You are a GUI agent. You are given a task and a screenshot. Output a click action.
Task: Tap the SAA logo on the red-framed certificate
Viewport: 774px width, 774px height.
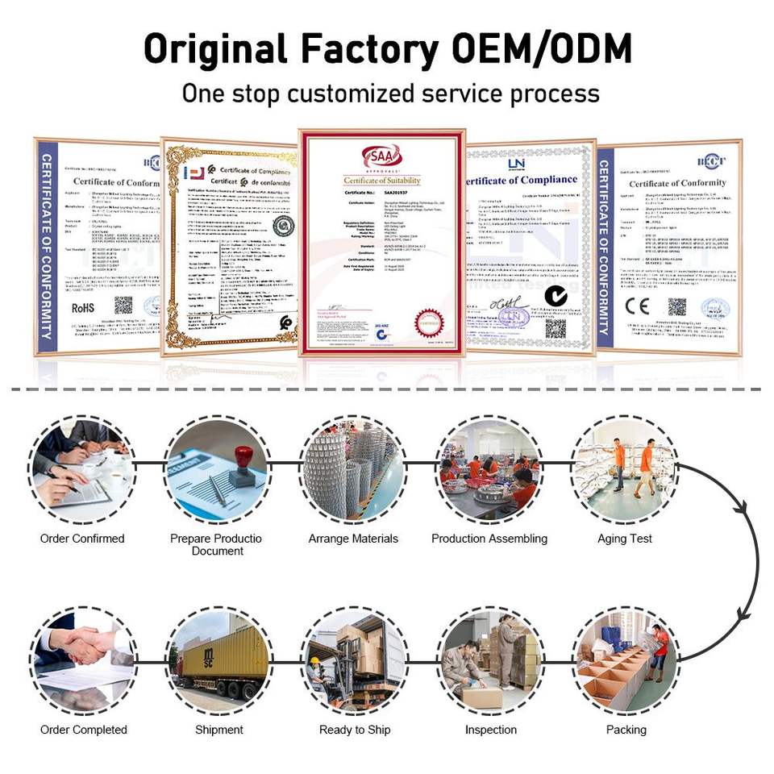coord(382,156)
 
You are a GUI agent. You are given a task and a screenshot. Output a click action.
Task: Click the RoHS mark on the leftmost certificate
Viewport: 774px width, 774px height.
coord(84,306)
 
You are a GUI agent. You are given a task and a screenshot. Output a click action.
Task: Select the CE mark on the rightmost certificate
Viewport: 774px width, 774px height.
coord(638,306)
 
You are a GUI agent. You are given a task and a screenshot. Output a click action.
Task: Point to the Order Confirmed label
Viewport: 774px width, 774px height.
coord(82,539)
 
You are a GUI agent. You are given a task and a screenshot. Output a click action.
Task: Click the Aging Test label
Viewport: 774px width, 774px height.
coord(625,539)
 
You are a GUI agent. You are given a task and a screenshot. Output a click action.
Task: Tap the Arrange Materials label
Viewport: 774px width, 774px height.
coord(353,539)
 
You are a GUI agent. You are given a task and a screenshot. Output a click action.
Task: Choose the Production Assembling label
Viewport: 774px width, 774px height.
coord(489,539)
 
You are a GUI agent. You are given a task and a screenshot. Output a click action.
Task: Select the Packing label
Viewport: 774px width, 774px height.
coord(626,730)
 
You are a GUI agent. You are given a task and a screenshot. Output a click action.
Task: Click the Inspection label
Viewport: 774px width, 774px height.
coord(490,730)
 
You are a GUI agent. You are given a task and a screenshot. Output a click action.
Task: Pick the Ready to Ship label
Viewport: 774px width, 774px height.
coord(355,730)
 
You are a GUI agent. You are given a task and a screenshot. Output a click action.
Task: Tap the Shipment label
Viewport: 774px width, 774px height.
coord(218,730)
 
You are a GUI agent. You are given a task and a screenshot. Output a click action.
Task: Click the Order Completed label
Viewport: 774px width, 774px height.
coord(84,730)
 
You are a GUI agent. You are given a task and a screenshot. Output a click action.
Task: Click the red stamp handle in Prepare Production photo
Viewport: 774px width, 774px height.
coord(243,456)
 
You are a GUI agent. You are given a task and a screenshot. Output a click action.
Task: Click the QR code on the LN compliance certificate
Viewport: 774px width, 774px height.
coord(556,328)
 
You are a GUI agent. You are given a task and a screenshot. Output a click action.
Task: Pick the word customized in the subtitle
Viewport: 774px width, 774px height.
coord(351,93)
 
